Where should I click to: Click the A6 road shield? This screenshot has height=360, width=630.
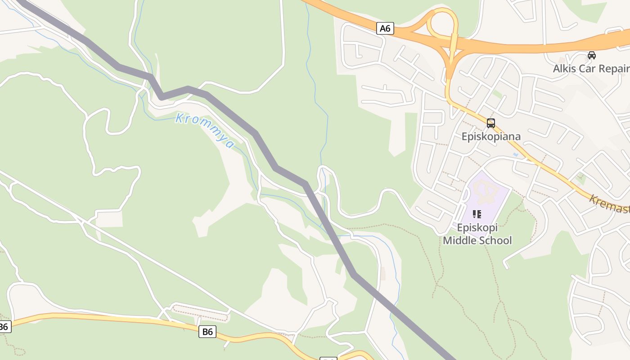[385, 29]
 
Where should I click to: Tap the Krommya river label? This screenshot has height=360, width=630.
[205, 130]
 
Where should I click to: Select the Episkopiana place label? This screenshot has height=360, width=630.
[491, 136]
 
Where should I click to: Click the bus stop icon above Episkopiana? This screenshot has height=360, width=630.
[491, 123]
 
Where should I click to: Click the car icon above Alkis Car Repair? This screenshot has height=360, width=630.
[592, 55]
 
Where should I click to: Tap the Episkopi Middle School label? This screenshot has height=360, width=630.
[477, 234]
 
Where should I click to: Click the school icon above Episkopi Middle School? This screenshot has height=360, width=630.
[477, 214]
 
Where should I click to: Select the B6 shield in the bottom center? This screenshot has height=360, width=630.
[207, 332]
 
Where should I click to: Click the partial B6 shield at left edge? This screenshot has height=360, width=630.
[4, 327]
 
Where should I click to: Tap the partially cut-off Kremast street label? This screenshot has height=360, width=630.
[610, 204]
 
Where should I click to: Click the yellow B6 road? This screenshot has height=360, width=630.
[112, 319]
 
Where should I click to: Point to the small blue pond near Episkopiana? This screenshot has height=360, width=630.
[516, 155]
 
